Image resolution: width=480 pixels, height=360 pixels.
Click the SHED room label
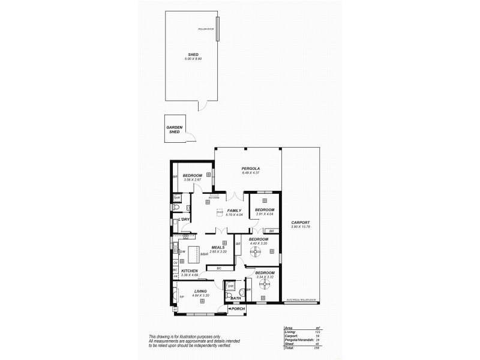click(193, 54)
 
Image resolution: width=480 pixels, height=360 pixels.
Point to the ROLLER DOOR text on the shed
click(206, 29)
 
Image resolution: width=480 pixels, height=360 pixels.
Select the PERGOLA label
click(250, 169)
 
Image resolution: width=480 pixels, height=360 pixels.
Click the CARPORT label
click(299, 223)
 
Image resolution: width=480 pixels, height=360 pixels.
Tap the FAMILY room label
click(234, 210)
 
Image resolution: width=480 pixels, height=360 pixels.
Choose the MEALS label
click(218, 247)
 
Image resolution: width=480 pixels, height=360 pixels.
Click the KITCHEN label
click(190, 271)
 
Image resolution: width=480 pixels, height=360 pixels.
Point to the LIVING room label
click(200, 292)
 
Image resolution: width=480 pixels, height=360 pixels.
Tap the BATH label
click(236, 298)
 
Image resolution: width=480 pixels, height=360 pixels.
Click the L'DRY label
click(184, 220)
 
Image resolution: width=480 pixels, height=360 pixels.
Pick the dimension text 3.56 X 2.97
click(193, 179)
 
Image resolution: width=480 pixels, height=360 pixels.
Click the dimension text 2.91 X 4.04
click(265, 214)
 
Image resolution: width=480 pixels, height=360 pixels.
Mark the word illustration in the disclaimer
click(188, 336)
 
